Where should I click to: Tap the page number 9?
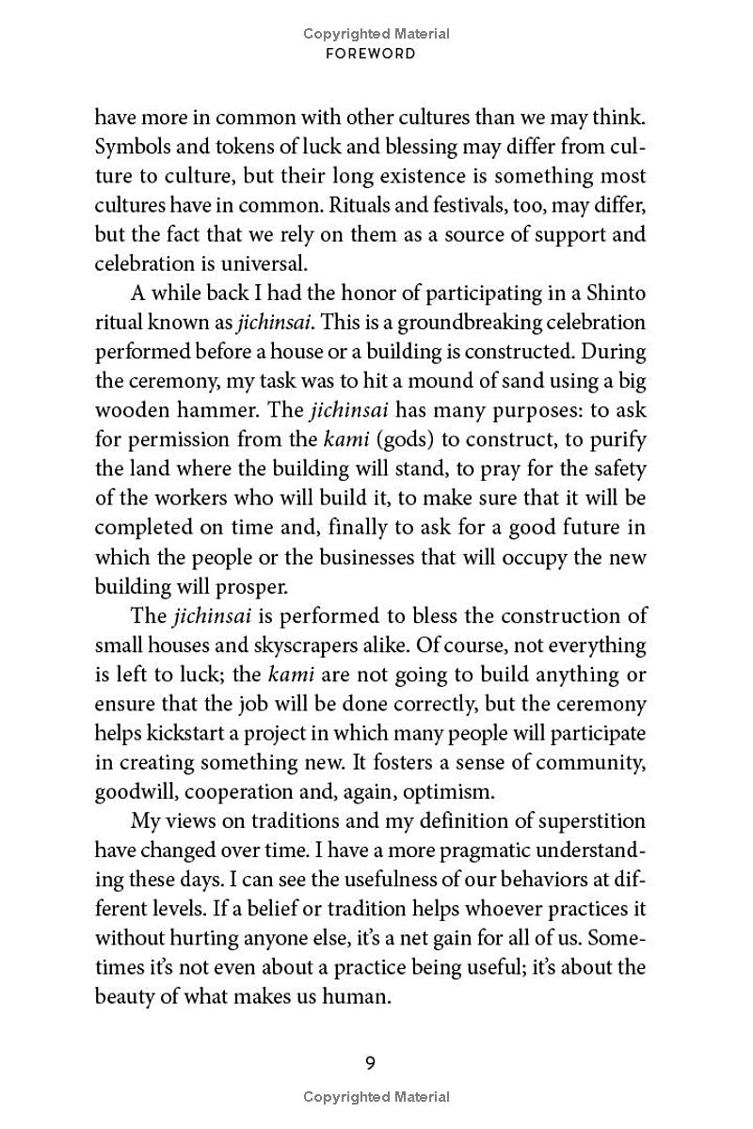pos(370,1064)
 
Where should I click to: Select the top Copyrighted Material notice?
pos(376,34)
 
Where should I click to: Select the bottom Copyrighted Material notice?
pos(376,1096)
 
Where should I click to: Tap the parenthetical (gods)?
pos(378,440)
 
